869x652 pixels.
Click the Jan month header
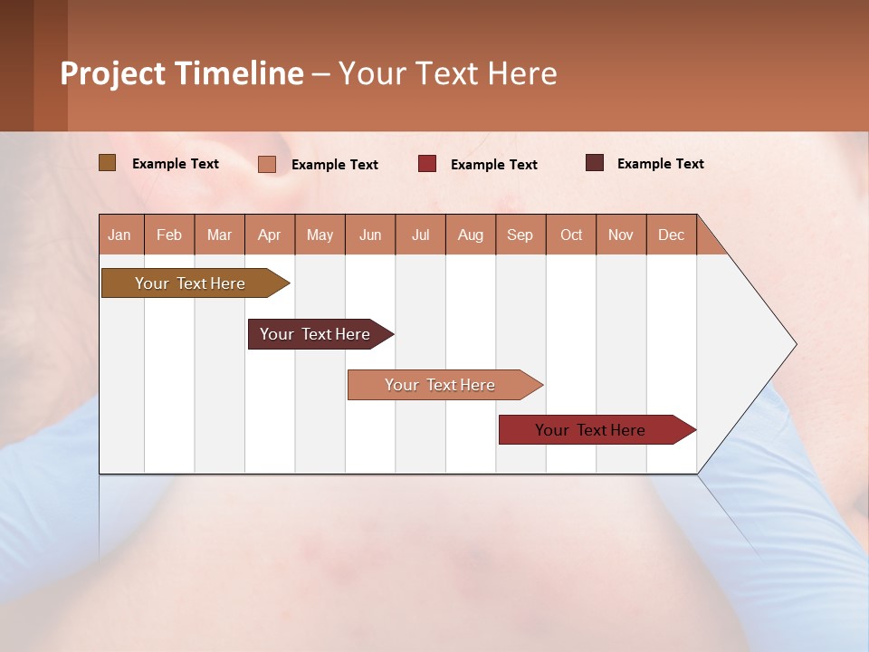(x=120, y=235)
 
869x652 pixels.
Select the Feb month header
(x=169, y=235)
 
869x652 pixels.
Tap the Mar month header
(x=219, y=235)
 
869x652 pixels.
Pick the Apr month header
(x=270, y=235)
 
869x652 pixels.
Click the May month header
(x=320, y=235)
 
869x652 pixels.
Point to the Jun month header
(x=370, y=235)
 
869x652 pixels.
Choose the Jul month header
(x=420, y=235)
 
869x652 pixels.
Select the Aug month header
(x=471, y=235)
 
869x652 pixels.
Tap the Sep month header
(x=520, y=235)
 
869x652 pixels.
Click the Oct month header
(x=571, y=235)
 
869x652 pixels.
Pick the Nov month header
(x=621, y=235)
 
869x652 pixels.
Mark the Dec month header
(x=672, y=235)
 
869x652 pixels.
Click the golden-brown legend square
(x=108, y=163)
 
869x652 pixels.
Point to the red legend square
(x=427, y=163)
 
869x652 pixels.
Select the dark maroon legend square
(x=595, y=163)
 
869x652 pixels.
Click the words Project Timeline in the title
(x=182, y=73)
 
